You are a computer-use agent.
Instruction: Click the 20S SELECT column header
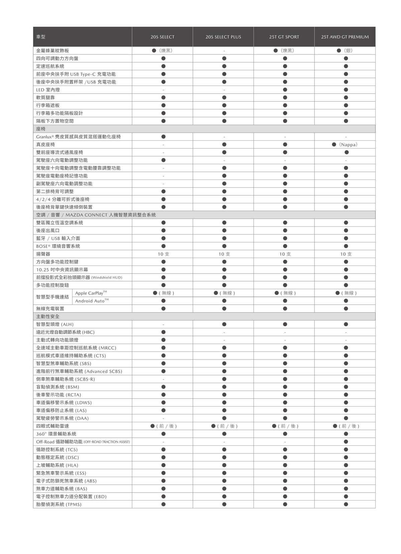pyautogui.click(x=162, y=37)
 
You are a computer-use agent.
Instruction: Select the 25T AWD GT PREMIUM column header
pyautogui.click(x=345, y=37)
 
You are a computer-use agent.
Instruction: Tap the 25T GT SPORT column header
pyautogui.click(x=284, y=37)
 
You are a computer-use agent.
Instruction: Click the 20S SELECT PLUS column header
pyautogui.click(x=223, y=37)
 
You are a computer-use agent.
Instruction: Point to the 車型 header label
pyautogui.click(x=41, y=37)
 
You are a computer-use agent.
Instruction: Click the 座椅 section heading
pyautogui.click(x=41, y=129)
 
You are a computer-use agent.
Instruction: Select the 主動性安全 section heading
pyautogui.click(x=48, y=316)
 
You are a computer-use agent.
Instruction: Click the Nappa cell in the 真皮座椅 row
pyautogui.click(x=345, y=144)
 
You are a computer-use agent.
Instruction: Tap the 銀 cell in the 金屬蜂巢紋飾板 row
pyautogui.click(x=345, y=50)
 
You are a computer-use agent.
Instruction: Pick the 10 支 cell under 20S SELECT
pyautogui.click(x=163, y=254)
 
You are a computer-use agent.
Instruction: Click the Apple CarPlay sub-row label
pyautogui.click(x=91, y=293)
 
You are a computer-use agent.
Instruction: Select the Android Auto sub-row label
pyautogui.click(x=92, y=301)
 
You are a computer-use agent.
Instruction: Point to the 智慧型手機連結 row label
pyautogui.click(x=52, y=297)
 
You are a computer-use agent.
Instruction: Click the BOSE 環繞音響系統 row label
pyautogui.click(x=58, y=246)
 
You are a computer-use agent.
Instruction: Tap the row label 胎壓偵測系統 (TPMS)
pyautogui.click(x=59, y=504)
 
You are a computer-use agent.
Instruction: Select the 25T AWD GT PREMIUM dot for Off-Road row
pyautogui.click(x=346, y=442)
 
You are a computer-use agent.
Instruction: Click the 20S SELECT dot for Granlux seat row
pyautogui.click(x=163, y=137)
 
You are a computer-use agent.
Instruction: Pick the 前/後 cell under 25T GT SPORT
pyautogui.click(x=285, y=426)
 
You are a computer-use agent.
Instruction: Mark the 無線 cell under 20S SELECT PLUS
pyautogui.click(x=224, y=293)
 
